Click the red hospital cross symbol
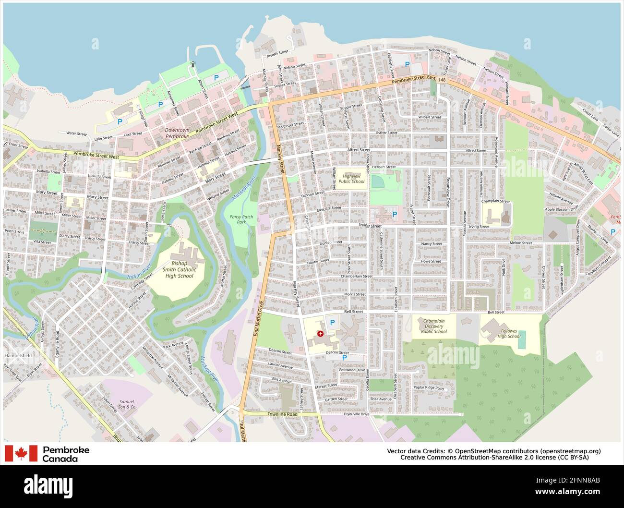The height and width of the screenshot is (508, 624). click(320, 333)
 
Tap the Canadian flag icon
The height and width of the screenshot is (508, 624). click(21, 453)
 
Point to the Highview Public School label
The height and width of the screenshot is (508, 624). click(351, 179)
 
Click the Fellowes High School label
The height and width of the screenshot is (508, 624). click(508, 333)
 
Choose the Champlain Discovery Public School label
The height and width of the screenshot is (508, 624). click(433, 326)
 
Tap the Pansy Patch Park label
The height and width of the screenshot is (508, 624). click(241, 219)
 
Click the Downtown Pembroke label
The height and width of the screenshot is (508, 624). click(177, 133)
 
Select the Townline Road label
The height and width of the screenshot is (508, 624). click(283, 414)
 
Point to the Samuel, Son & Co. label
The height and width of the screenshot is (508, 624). click(127, 404)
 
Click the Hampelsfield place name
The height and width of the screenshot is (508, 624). click(17, 356)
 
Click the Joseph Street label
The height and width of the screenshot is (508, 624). click(277, 52)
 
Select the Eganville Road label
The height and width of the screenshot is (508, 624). click(57, 341)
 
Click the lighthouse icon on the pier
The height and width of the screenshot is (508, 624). click(193, 64)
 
